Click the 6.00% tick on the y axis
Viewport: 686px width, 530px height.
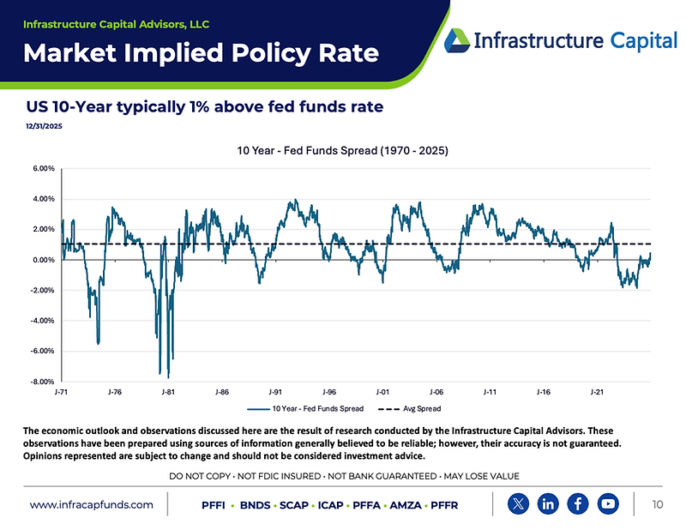click(x=42, y=169)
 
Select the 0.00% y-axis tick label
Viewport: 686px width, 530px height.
click(x=42, y=260)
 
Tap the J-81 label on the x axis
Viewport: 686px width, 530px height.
click(x=168, y=392)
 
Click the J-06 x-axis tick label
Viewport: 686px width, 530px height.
click(x=436, y=392)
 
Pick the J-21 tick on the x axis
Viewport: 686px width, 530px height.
click(x=596, y=392)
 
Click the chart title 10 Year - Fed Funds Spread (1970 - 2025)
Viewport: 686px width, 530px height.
click(x=342, y=151)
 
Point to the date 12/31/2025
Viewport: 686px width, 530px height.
click(x=44, y=126)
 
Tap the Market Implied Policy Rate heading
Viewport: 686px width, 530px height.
click(x=201, y=53)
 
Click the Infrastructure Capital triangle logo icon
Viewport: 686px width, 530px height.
click(x=456, y=39)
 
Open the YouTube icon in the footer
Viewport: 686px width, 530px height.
click(x=607, y=503)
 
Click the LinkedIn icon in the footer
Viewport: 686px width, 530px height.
click(x=548, y=503)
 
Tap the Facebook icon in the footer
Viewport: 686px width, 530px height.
click(x=578, y=503)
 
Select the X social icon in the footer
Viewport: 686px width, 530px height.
click(x=519, y=503)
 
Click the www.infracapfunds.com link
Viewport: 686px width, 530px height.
click(x=92, y=505)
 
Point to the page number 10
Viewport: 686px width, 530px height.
click(x=658, y=504)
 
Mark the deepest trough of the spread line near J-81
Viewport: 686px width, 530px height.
click(x=168, y=377)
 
